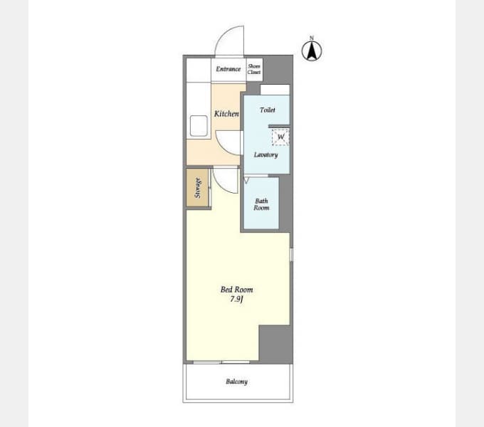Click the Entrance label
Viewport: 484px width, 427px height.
click(228, 69)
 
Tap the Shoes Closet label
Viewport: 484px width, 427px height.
click(254, 69)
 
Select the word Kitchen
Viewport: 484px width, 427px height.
click(226, 114)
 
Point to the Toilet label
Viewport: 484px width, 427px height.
click(268, 110)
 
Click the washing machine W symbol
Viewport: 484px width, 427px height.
click(280, 137)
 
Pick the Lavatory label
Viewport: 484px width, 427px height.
click(265, 154)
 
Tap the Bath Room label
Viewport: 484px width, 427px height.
click(261, 204)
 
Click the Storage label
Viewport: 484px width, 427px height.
click(198, 188)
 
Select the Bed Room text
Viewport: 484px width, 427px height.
click(237, 290)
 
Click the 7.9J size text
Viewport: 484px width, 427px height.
click(237, 299)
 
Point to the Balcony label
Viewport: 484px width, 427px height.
click(237, 381)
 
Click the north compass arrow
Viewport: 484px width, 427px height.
click(312, 51)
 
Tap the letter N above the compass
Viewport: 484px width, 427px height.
click(312, 38)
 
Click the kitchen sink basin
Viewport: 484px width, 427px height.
click(199, 125)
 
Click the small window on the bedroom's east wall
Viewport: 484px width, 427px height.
click(291, 255)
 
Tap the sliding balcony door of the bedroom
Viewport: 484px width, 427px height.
click(221, 362)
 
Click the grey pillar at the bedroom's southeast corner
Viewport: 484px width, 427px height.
click(275, 344)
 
